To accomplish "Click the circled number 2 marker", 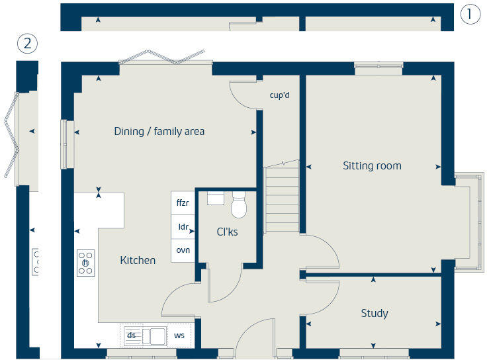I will [27, 44].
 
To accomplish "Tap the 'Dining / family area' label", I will [159, 131].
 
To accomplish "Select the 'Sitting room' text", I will [372, 165].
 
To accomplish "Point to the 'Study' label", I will [375, 313].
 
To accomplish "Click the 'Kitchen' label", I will [138, 260].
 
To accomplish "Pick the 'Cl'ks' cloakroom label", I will [227, 232].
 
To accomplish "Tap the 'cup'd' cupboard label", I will [280, 95].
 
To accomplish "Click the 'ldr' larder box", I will [183, 227].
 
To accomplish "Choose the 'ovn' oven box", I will [183, 250].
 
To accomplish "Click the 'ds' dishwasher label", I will [131, 336].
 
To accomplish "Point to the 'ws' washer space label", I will [179, 336].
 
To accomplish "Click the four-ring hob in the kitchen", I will [86, 262].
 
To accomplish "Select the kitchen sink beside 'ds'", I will [154, 336].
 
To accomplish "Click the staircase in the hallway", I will [282, 199].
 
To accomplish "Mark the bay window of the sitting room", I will [467, 222].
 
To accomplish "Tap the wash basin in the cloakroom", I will [216, 198].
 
